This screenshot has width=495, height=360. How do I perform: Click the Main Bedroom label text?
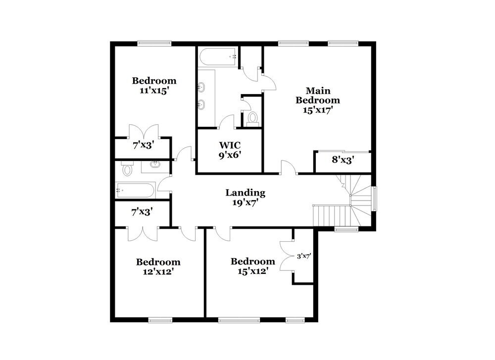coord(318,95)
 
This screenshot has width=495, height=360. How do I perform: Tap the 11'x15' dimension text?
coord(154,91)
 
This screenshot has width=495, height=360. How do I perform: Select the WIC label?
coord(230,146)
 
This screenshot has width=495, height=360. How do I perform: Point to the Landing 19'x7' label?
coord(245,197)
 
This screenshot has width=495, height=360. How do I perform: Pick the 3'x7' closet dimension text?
coord(303,256)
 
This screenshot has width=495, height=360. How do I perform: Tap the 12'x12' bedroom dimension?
coord(158,271)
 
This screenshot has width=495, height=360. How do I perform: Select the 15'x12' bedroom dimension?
coord(252,271)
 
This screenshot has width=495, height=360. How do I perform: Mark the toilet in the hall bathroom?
coord(128,169)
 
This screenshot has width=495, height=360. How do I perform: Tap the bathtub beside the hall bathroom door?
coord(135,189)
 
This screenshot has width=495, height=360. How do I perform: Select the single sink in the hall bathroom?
coord(155,163)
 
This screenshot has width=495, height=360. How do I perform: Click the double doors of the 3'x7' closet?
coord(286,256)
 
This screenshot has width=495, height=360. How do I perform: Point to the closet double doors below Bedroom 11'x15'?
coord(144,132)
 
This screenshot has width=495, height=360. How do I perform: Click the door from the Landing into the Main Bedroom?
coord(289,167)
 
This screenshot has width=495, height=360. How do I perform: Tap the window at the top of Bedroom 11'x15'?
coord(154,43)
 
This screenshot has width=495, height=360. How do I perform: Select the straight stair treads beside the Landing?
coord(330,216)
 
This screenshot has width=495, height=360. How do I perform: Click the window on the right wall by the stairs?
coord(375,198)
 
